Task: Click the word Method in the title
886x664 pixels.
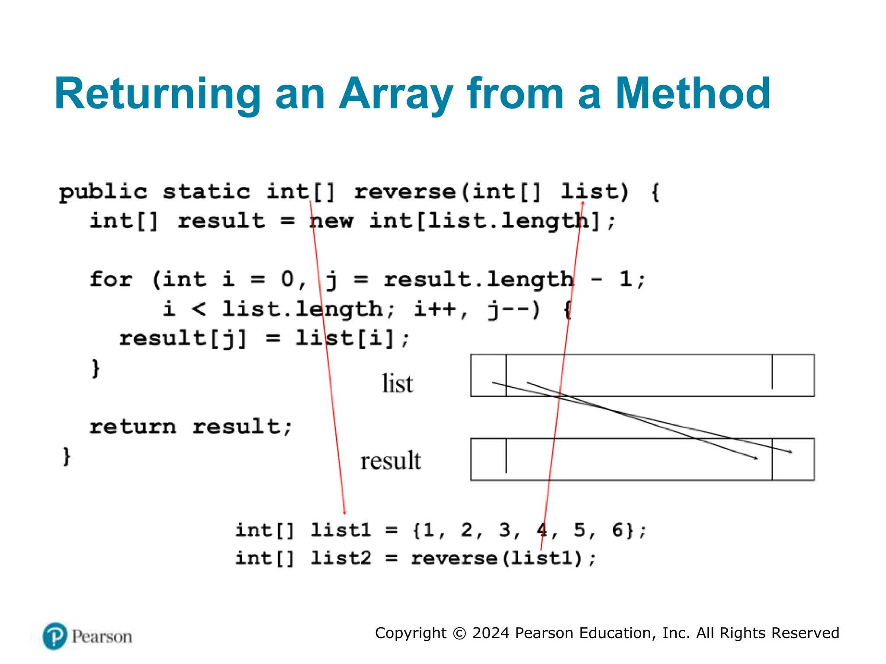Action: (x=693, y=94)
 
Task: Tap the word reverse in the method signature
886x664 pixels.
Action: (x=405, y=192)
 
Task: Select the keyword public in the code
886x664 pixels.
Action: (x=103, y=192)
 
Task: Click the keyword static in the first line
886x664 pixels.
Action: (x=206, y=192)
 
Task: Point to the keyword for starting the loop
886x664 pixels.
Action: (x=111, y=280)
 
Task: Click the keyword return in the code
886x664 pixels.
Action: (x=133, y=427)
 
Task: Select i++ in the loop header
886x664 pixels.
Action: (x=435, y=309)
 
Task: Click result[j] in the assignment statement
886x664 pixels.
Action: (x=182, y=338)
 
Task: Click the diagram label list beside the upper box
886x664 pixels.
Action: (x=397, y=384)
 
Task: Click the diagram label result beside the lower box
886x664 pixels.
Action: (x=390, y=460)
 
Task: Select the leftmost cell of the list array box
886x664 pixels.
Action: (x=488, y=375)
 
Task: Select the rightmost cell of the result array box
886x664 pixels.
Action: (x=793, y=459)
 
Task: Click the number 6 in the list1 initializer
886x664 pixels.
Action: (x=617, y=530)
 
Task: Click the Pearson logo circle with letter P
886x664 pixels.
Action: (x=55, y=636)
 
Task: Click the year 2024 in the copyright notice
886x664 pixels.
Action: (x=491, y=633)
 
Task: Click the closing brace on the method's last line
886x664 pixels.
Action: (x=66, y=456)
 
